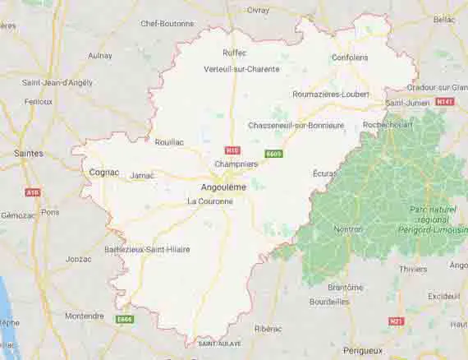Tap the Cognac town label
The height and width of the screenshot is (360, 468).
coord(103,173)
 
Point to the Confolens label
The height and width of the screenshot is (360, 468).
coord(349,58)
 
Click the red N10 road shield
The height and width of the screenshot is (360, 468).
coord(232,150)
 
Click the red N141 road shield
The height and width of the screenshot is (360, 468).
coord(444,101)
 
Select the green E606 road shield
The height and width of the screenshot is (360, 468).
coord(125,318)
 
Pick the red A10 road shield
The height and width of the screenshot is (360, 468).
coord(32,192)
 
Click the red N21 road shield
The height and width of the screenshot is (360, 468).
coord(397,321)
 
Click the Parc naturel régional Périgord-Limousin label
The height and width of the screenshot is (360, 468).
coord(432,218)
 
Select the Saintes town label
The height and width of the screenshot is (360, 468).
coord(29,153)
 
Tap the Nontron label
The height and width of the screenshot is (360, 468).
coord(350,229)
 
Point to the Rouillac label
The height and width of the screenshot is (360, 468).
coord(169,141)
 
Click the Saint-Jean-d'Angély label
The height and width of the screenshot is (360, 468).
coord(57,82)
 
